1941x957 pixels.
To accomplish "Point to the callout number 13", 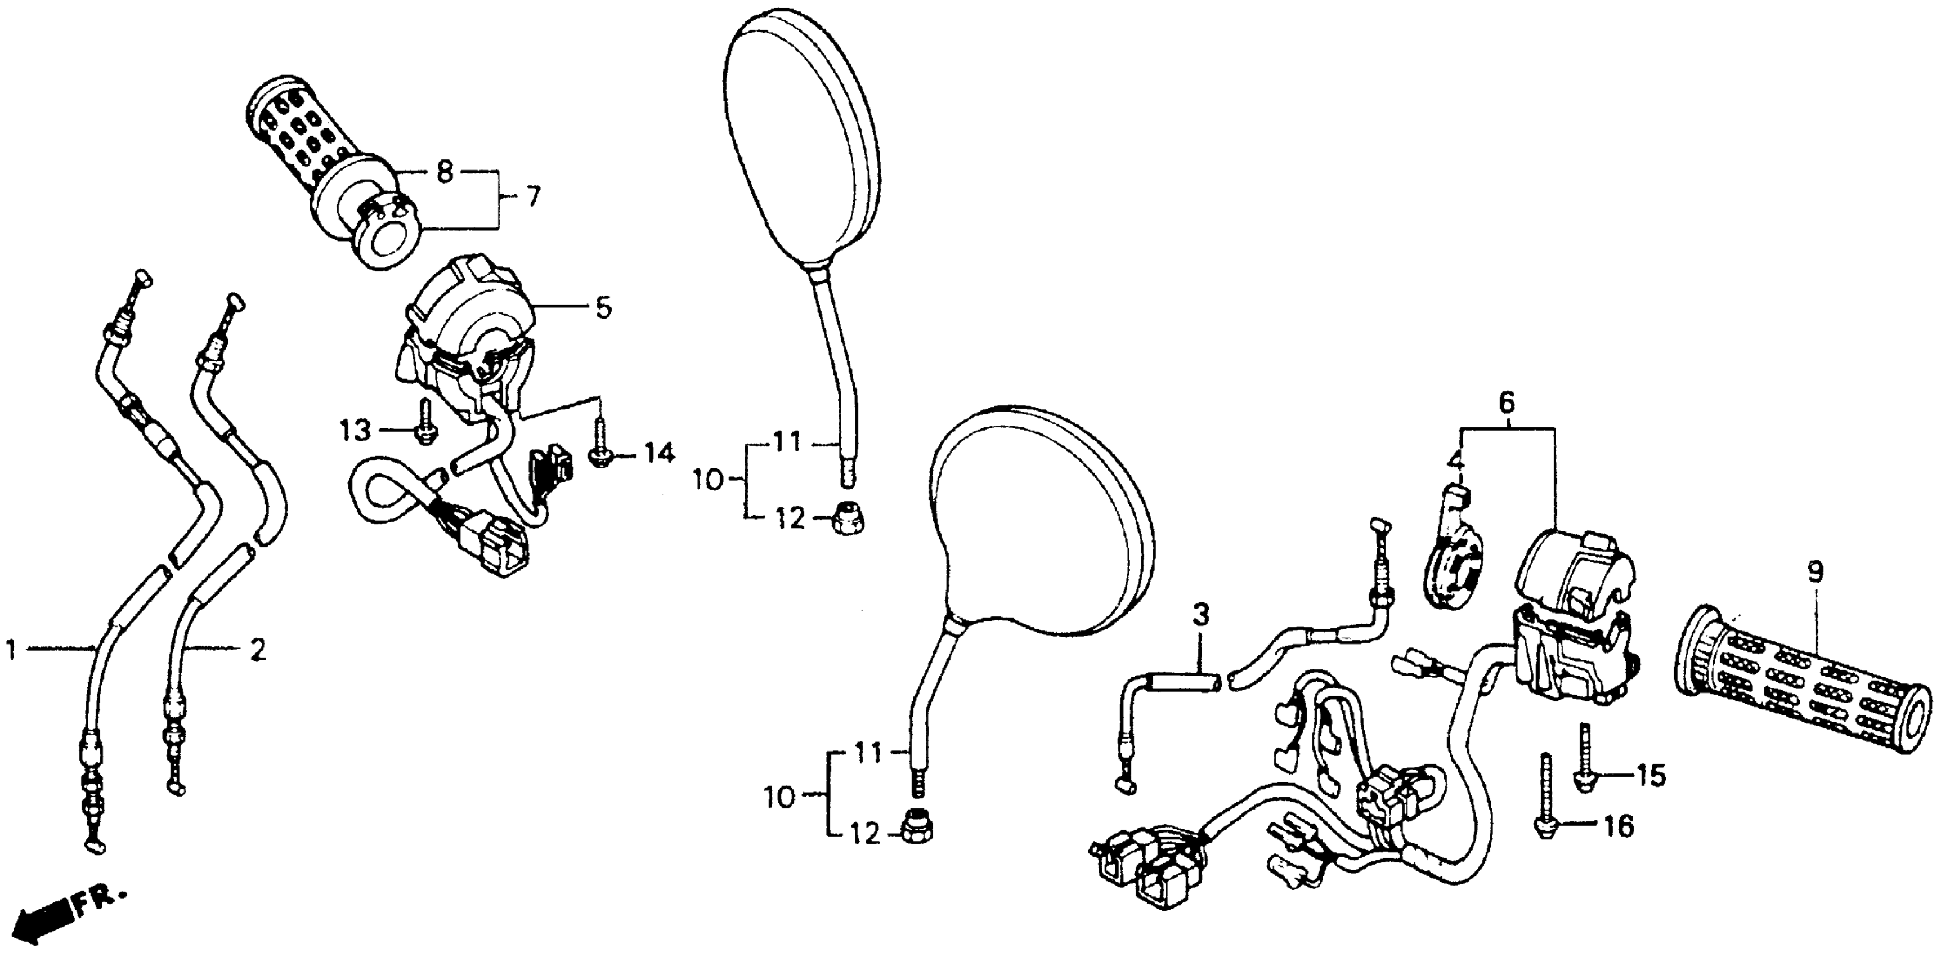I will (355, 431).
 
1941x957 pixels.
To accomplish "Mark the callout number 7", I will (533, 198).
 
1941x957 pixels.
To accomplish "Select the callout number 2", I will (257, 649).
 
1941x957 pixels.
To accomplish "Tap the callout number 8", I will (445, 173).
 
